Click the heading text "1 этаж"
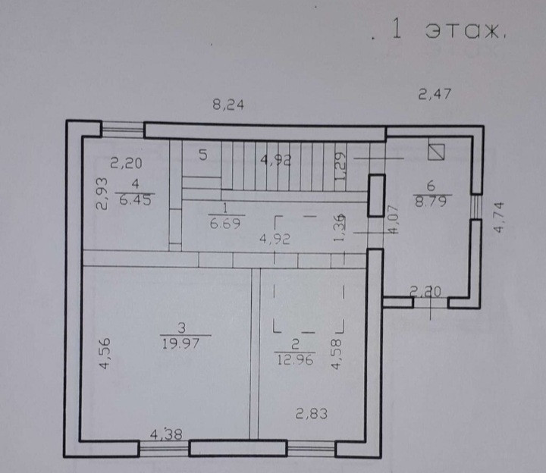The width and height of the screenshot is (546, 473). (447, 31)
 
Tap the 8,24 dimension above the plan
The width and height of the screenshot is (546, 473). (227, 105)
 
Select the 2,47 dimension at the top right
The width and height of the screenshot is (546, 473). (435, 95)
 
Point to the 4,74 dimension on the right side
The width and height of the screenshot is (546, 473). (499, 218)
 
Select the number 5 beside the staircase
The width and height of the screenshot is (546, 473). (203, 155)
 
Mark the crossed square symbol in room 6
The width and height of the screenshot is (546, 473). (435, 152)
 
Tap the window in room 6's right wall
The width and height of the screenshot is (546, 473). (475, 206)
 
